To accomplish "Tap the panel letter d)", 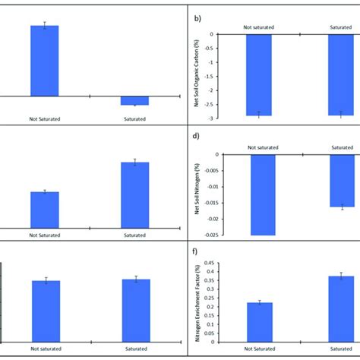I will pos(194,138).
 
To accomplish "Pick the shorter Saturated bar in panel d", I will pos(340,180).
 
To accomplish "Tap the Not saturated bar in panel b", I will pos(259,74).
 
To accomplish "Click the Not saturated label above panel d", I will pos(261,147).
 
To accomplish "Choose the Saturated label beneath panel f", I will pos(340,349).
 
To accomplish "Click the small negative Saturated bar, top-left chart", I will pos(134,100).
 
